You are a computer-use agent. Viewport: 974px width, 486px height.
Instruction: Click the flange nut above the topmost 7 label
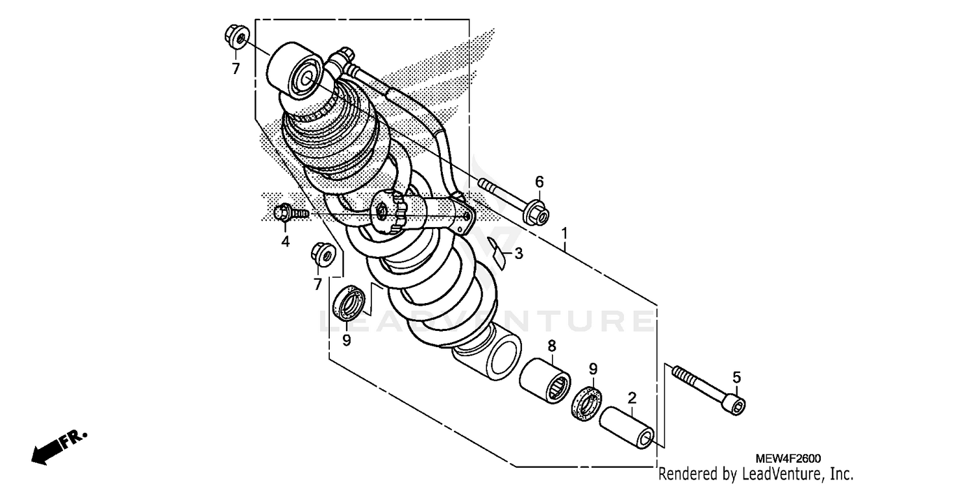[x=236, y=38]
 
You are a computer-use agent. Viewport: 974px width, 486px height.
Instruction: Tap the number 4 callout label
[x=285, y=242]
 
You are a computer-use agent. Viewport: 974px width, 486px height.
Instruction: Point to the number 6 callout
[x=539, y=182]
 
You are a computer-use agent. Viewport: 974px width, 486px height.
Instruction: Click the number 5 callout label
[x=736, y=377]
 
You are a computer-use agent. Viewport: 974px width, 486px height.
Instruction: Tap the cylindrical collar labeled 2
[x=626, y=427]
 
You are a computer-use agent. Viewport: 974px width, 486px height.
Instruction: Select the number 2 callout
[x=631, y=397]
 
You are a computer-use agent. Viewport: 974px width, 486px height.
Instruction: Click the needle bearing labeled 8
[x=545, y=380]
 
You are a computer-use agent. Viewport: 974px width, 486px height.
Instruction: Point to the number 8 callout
[x=552, y=346]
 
